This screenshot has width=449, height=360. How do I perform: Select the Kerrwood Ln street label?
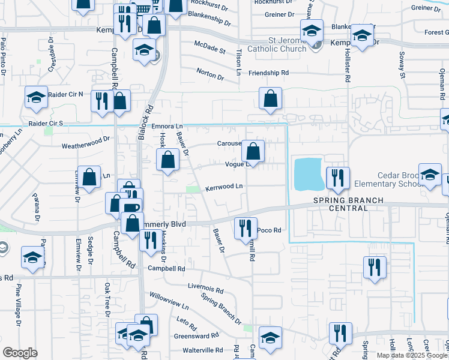pos(224,187)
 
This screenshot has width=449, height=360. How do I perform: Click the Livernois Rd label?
pos(205,289)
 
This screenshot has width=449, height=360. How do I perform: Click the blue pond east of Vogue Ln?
pos(307,172)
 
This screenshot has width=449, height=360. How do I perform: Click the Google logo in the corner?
pos(20,353)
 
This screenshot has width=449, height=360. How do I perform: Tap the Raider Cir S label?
pos(41,123)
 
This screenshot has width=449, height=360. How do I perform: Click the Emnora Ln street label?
pos(166,126)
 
